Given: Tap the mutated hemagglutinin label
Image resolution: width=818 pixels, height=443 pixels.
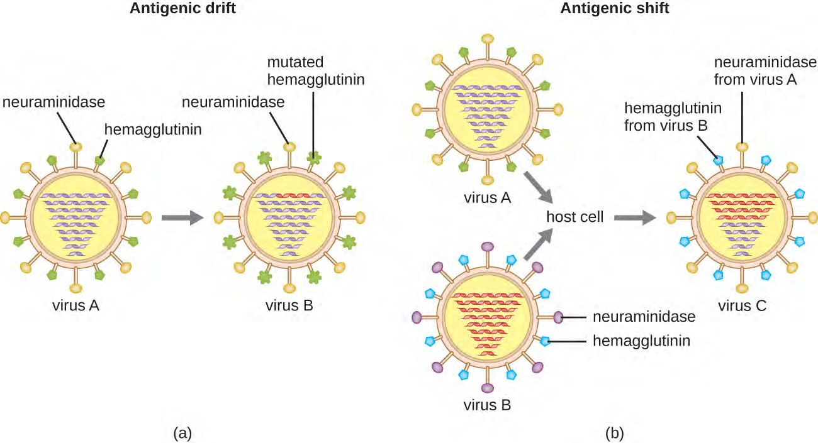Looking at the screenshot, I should [x=316, y=72].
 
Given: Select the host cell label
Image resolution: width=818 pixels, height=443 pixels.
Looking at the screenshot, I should [x=575, y=217].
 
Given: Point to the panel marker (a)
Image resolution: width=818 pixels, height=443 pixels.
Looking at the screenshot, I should [x=182, y=433].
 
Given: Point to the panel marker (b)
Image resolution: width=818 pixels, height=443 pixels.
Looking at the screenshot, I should [x=614, y=433].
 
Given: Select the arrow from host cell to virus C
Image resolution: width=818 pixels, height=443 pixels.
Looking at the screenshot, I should [x=634, y=217].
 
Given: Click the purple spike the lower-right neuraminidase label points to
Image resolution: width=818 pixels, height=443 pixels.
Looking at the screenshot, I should [x=558, y=317].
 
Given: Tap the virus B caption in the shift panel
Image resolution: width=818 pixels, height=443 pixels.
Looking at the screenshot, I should [x=487, y=405].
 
